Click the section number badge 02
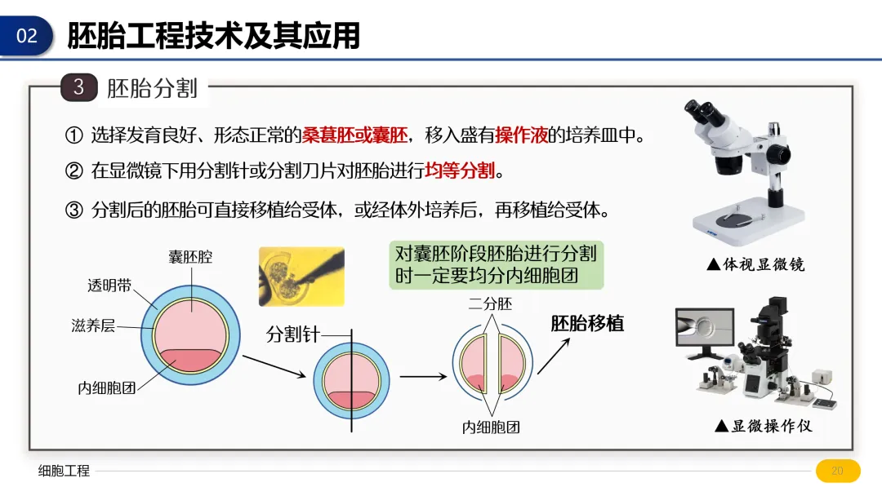[x=27, y=36]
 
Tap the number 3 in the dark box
[x=78, y=86]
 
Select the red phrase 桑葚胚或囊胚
[x=354, y=135]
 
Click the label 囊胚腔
[x=190, y=257]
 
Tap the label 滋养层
[x=92, y=326]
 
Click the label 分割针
[x=292, y=334]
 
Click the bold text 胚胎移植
[x=587, y=323]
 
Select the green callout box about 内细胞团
[x=496, y=264]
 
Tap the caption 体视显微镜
[x=755, y=264]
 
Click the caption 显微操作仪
[x=764, y=426]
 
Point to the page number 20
[x=837, y=471]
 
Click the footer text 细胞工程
[x=65, y=471]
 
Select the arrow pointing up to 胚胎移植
[x=553, y=355]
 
